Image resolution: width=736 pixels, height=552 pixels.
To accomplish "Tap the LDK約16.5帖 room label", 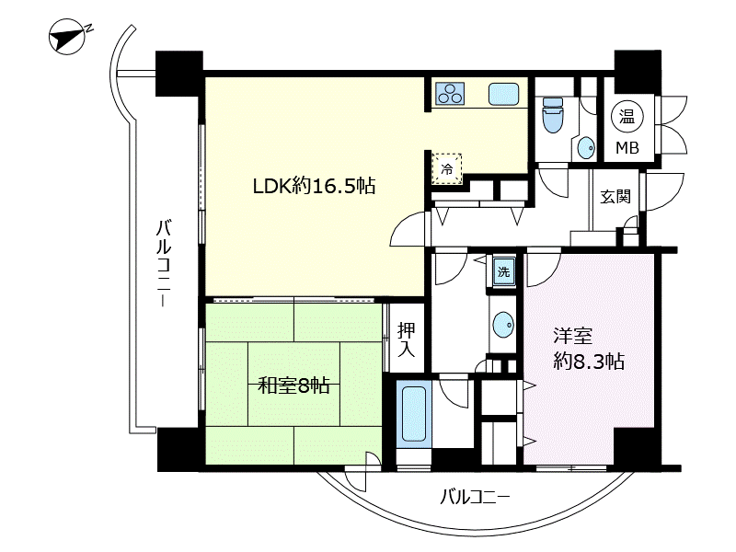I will click(x=314, y=186).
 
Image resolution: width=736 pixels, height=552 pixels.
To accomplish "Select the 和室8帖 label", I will click(x=293, y=385).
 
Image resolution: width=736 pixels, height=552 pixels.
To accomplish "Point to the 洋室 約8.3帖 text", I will click(x=589, y=347).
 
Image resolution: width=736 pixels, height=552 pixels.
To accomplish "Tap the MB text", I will click(x=627, y=148).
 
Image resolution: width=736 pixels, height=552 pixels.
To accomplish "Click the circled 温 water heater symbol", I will click(x=627, y=116).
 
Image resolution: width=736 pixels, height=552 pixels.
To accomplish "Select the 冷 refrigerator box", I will click(x=447, y=167).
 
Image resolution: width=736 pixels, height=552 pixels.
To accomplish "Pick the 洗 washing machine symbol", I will click(x=503, y=271).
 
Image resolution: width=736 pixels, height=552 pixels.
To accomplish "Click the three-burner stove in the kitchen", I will click(x=451, y=94).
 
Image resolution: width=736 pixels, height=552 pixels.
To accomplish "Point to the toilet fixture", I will click(x=553, y=116).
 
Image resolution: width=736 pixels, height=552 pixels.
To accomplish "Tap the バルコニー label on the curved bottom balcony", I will click(x=474, y=498).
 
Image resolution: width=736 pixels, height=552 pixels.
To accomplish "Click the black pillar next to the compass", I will click(x=178, y=73).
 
